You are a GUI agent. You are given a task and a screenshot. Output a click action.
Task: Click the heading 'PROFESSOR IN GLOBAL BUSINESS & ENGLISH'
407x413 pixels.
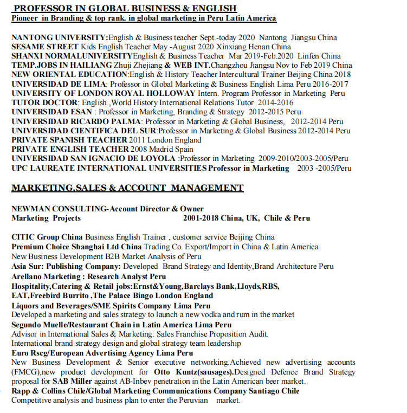[x=124, y=8]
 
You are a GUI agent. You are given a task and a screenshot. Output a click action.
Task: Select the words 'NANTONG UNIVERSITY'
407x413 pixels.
[x=59, y=37]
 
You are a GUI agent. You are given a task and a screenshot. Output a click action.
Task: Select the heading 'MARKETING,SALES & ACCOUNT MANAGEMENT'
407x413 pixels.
[x=127, y=188]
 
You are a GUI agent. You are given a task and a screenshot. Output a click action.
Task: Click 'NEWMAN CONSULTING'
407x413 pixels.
[x=59, y=209]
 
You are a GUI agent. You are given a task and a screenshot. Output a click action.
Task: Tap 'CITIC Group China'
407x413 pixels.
[x=47, y=237]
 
